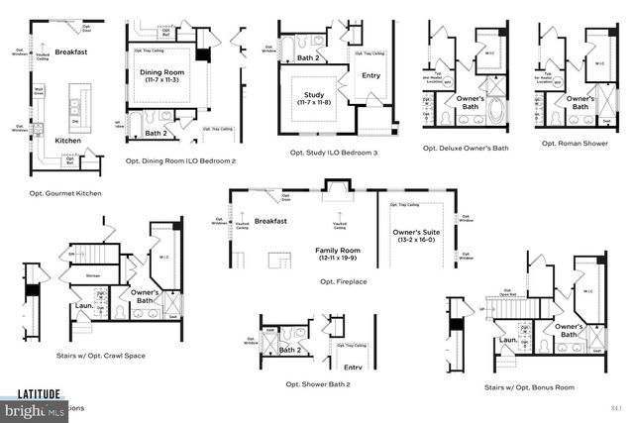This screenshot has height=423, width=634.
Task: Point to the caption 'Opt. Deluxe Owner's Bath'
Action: tap(466, 148)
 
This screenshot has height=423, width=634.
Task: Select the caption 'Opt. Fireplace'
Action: tap(343, 280)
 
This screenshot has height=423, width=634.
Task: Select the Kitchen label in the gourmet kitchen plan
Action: tap(67, 141)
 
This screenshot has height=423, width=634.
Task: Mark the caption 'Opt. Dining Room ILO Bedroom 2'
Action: tap(180, 159)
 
